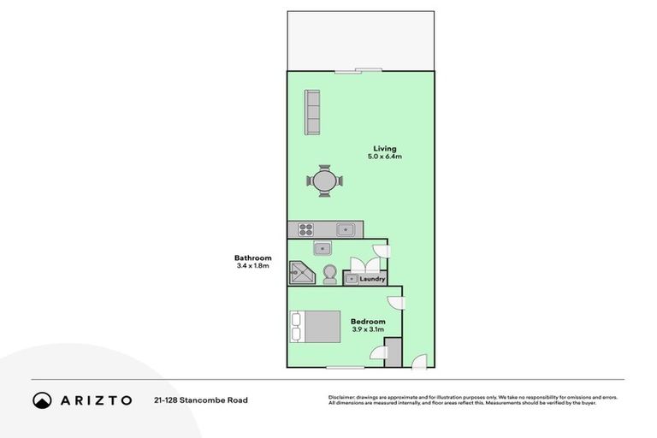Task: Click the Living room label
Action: [x=372, y=149]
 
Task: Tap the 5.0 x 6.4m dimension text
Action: [x=372, y=157]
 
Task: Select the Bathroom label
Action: [x=252, y=258]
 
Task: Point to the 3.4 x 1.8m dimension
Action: [x=252, y=266]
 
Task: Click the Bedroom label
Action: [x=368, y=322]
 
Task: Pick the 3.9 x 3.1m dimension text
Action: [x=368, y=329]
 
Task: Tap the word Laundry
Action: [x=373, y=279]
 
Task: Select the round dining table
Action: [x=325, y=181]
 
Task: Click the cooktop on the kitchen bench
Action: [x=305, y=229]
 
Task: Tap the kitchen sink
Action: [x=346, y=229]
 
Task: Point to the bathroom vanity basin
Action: [x=322, y=249]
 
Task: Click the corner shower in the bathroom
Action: [x=302, y=273]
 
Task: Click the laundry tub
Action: [x=351, y=279]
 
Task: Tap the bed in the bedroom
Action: [x=315, y=326]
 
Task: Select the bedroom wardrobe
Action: [x=394, y=352]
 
